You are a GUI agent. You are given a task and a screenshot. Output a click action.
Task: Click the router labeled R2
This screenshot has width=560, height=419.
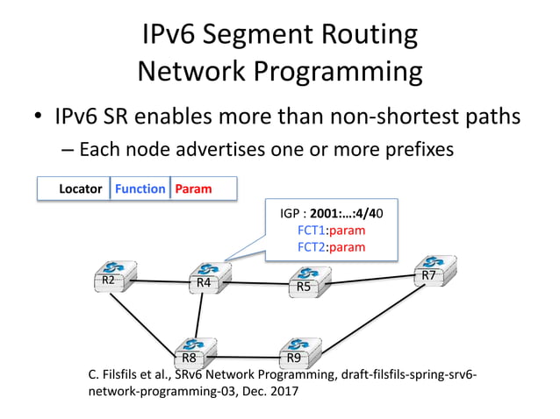(x=111, y=275)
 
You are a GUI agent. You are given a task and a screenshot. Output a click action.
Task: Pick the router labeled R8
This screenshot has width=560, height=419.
(x=193, y=352)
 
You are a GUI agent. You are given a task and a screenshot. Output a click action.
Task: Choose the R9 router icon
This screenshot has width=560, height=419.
(x=297, y=352)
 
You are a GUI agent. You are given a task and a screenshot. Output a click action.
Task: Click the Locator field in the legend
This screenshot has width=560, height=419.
(x=80, y=188)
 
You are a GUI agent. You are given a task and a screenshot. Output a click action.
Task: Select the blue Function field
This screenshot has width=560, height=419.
(x=140, y=188)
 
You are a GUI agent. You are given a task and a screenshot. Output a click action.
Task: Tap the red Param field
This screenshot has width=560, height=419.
(x=193, y=188)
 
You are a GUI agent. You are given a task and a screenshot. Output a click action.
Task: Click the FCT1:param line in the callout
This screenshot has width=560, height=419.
(x=331, y=230)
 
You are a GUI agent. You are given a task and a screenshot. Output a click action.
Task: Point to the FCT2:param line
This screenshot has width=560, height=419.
(x=331, y=246)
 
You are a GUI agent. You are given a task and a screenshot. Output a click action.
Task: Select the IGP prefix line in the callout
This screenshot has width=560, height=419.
(x=331, y=213)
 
